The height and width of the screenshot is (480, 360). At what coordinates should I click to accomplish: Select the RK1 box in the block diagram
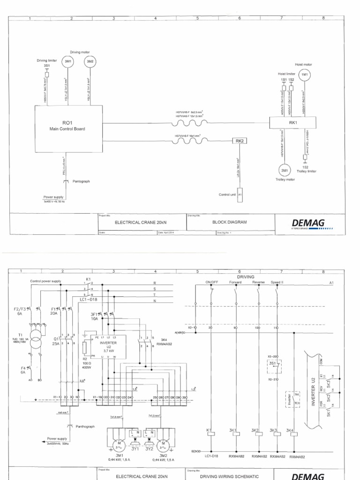[x=293, y=123]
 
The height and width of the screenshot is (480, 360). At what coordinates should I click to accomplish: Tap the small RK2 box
[x=239, y=141]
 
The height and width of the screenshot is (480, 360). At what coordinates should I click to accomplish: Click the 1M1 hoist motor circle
[x=305, y=75]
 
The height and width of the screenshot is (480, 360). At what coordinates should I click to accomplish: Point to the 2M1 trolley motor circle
[x=284, y=170]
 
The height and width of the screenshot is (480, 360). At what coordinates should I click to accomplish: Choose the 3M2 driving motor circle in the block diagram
[x=89, y=61]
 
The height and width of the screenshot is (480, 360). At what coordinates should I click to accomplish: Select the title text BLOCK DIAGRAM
[x=229, y=222]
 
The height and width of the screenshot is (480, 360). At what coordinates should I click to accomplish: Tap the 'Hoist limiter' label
[x=286, y=74]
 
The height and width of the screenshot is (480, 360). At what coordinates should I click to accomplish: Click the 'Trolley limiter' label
[x=307, y=171]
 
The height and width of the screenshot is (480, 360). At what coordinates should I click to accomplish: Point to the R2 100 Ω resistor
[x=85, y=347]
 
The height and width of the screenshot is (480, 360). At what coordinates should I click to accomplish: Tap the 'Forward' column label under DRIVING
[x=235, y=283]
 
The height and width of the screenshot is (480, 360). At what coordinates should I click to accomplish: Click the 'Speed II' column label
[x=277, y=283]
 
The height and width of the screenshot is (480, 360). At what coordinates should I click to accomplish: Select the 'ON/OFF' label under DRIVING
[x=212, y=283]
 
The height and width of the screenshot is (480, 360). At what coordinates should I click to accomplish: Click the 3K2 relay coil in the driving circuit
[x=256, y=434]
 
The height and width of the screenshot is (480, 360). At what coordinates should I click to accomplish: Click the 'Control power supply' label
[x=45, y=281]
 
